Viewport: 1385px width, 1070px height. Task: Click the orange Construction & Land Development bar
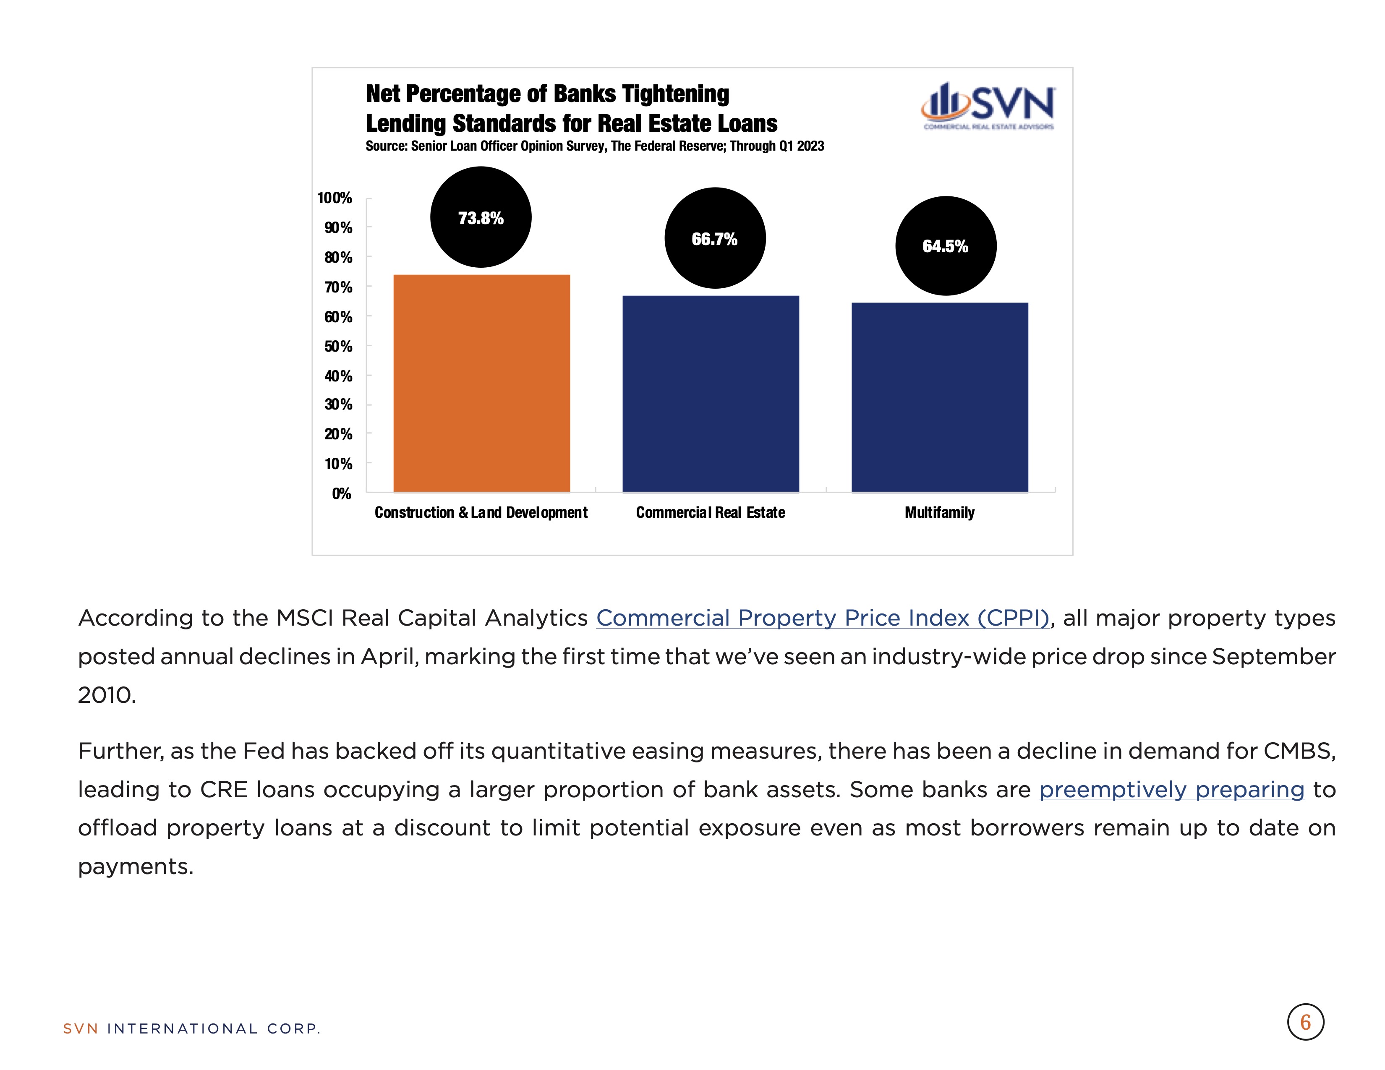[x=481, y=383]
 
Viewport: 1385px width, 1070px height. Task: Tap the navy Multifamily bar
[x=939, y=397]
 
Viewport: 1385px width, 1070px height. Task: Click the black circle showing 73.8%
[x=481, y=217]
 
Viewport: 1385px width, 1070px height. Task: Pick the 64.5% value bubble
[x=946, y=246]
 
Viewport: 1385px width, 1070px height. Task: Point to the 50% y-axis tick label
[x=338, y=346]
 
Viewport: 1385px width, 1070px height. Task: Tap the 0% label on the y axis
[x=341, y=493]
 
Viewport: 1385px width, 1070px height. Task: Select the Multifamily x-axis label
[x=939, y=512]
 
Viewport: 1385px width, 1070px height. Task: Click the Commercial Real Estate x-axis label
[x=710, y=512]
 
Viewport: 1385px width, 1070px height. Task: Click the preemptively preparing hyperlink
[x=1171, y=789]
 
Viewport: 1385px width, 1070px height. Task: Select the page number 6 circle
[x=1305, y=1022]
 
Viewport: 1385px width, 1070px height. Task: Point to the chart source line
[x=595, y=146]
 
